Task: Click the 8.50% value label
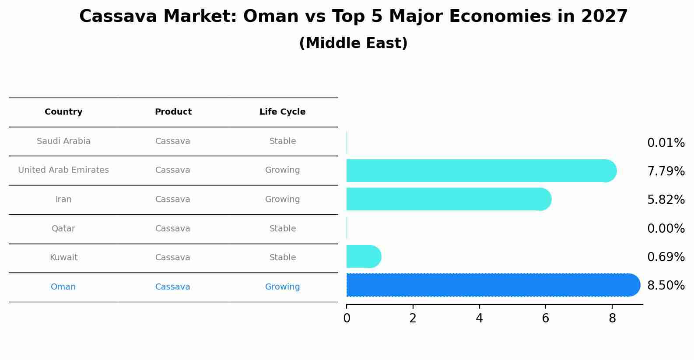pos(666,286)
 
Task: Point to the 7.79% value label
pos(666,171)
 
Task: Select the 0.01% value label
pos(666,143)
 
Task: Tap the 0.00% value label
pos(666,229)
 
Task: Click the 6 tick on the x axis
pos(545,318)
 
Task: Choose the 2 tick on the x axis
pos(413,318)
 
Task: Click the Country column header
pos(63,112)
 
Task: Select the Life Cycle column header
pos(282,112)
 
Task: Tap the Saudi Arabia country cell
pos(63,141)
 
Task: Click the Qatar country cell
pos(63,229)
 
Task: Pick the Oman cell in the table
pos(63,287)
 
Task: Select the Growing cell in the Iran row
pos(282,199)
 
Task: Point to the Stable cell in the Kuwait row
pos(282,258)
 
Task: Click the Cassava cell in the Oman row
pos(172,287)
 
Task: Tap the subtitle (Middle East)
pos(353,43)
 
